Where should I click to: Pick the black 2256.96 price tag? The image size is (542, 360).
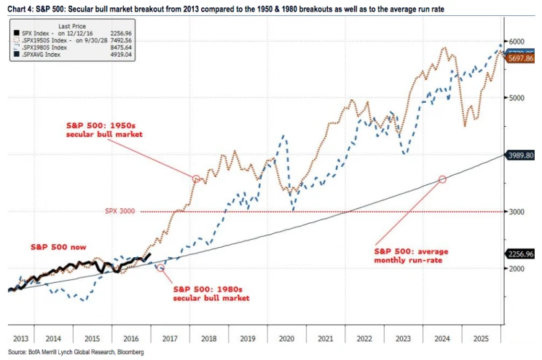pos(522,254)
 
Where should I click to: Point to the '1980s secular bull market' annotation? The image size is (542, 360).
pos(211,293)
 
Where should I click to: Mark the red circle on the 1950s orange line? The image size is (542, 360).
pos(195,178)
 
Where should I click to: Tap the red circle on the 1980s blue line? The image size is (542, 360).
pos(161,267)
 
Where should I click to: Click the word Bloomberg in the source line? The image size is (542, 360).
pos(120,353)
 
